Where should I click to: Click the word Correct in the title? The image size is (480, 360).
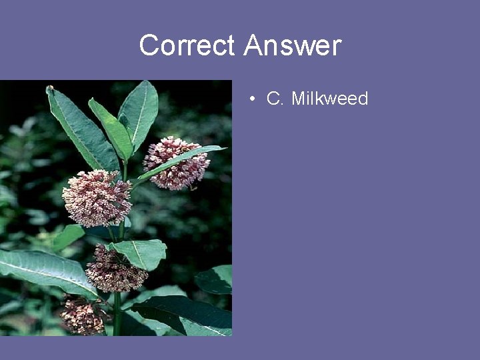coord(187,46)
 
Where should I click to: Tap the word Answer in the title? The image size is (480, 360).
coord(293,46)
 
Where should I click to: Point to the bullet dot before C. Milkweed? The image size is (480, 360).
coord(253,99)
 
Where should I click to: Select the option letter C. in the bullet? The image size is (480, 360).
coord(275,99)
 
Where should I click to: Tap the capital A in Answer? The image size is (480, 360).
coord(253,46)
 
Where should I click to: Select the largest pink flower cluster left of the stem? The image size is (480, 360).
coord(96,197)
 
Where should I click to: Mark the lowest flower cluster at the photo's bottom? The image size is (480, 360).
coord(83,316)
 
